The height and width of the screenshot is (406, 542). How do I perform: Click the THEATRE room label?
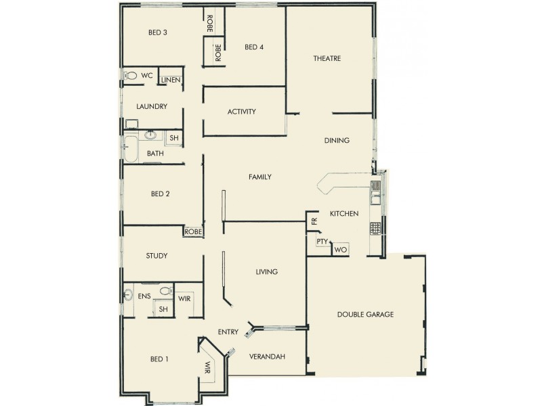(327, 58)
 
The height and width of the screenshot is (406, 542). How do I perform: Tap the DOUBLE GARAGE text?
(365, 315)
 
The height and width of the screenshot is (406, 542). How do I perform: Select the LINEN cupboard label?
(171, 80)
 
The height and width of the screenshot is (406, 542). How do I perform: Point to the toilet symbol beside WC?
(131, 76)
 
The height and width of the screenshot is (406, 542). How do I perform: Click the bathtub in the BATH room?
(130, 148)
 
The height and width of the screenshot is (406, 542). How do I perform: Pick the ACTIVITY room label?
(242, 112)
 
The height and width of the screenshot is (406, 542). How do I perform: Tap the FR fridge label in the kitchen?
(314, 221)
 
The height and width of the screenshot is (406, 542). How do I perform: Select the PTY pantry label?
(322, 242)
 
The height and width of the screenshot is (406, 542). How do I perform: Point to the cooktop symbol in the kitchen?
(375, 228)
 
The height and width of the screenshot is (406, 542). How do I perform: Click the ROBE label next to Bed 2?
(192, 231)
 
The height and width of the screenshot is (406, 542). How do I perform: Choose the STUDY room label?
(157, 256)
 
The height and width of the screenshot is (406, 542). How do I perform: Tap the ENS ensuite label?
(144, 296)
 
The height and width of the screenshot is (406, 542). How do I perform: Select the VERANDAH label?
(266, 357)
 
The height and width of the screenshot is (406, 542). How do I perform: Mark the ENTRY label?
(228, 332)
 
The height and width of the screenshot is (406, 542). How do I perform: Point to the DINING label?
(337, 141)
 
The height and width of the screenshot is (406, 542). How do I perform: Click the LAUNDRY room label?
(152, 106)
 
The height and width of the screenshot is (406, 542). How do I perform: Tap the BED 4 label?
(254, 47)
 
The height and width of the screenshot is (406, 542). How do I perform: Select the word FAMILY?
(260, 177)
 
